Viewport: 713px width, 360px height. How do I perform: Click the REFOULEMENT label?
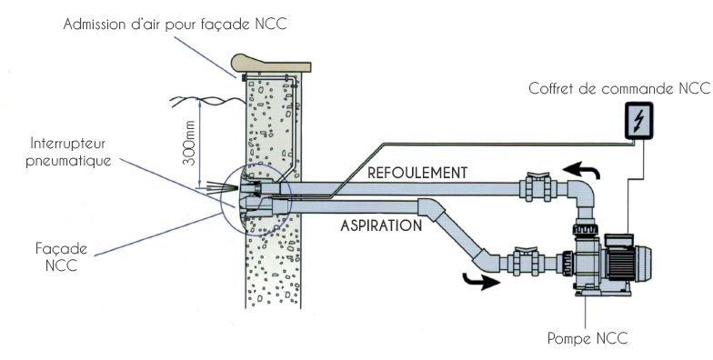[417, 173]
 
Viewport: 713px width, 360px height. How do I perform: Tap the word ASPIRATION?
[381, 225]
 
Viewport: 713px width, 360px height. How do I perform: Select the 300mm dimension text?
[191, 143]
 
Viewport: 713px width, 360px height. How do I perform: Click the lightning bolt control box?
[638, 120]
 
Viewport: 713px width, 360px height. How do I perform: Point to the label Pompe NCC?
[587, 338]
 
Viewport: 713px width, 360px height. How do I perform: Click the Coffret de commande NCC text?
[618, 88]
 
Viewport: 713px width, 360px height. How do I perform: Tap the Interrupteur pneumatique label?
[68, 152]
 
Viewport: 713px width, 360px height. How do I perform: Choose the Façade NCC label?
[62, 256]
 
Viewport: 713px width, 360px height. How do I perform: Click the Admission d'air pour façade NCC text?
[175, 24]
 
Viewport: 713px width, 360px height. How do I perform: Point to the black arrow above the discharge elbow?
[581, 171]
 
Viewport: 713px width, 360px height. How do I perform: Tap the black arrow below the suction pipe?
[481, 281]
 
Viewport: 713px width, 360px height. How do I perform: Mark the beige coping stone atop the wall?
[271, 64]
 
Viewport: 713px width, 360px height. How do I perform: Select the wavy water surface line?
[207, 102]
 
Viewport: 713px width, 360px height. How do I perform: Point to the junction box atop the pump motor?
[618, 240]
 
